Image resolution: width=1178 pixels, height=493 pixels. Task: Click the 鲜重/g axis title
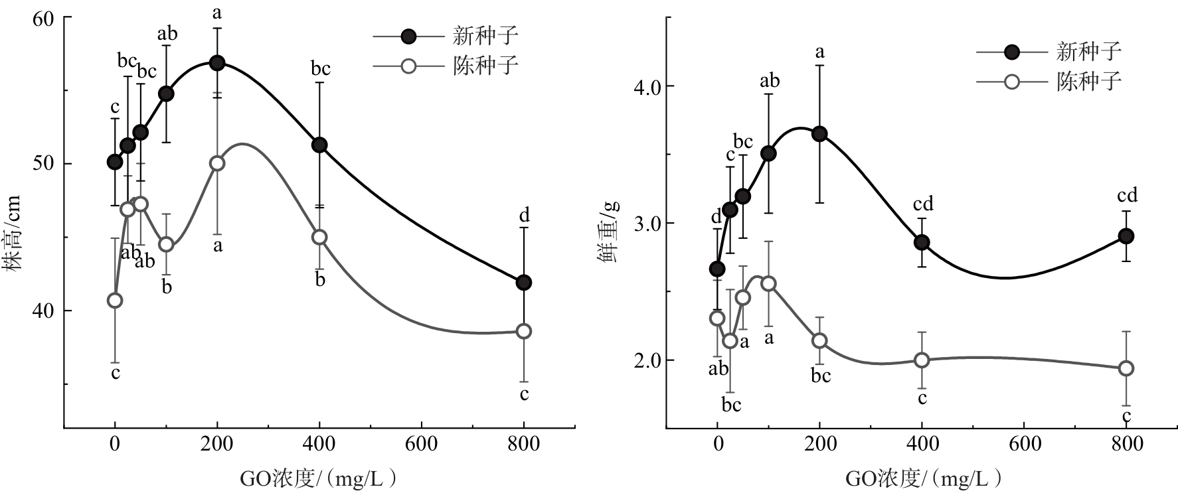click(609, 231)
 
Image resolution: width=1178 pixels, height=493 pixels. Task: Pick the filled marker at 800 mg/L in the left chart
click(524, 283)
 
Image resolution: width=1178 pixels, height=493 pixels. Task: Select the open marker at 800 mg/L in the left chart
click(524, 331)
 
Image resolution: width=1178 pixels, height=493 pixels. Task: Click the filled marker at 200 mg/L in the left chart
click(217, 63)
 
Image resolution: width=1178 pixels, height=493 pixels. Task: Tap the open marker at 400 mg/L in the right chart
click(922, 360)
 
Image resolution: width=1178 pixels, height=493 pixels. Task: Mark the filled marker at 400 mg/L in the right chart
click(922, 242)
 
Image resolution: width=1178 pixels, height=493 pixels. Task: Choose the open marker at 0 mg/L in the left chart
click(115, 301)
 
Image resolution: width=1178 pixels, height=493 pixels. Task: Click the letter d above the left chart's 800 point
click(525, 216)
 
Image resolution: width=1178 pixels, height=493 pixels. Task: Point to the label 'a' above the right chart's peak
click(819, 52)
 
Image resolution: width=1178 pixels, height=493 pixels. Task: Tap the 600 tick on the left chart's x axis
click(421, 444)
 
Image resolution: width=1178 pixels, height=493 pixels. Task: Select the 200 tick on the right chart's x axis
click(819, 444)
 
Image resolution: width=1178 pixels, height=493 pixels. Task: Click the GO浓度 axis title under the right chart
click(923, 478)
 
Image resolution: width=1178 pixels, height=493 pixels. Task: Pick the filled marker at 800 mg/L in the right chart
click(1126, 236)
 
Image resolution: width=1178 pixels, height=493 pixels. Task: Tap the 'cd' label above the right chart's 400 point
click(923, 204)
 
